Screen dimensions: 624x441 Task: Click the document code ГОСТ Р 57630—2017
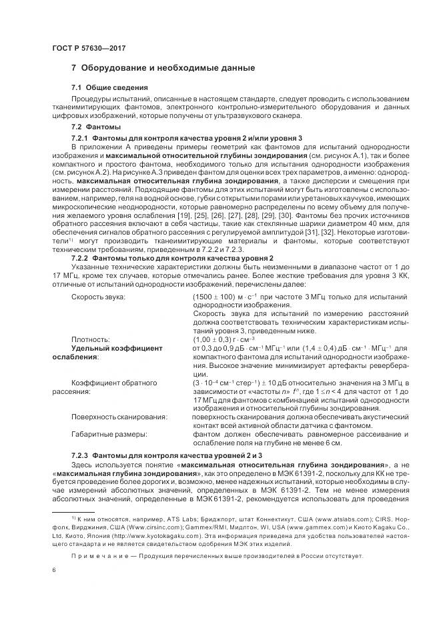(x=89, y=49)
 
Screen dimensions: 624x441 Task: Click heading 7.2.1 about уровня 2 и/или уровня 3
(x=186, y=137)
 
